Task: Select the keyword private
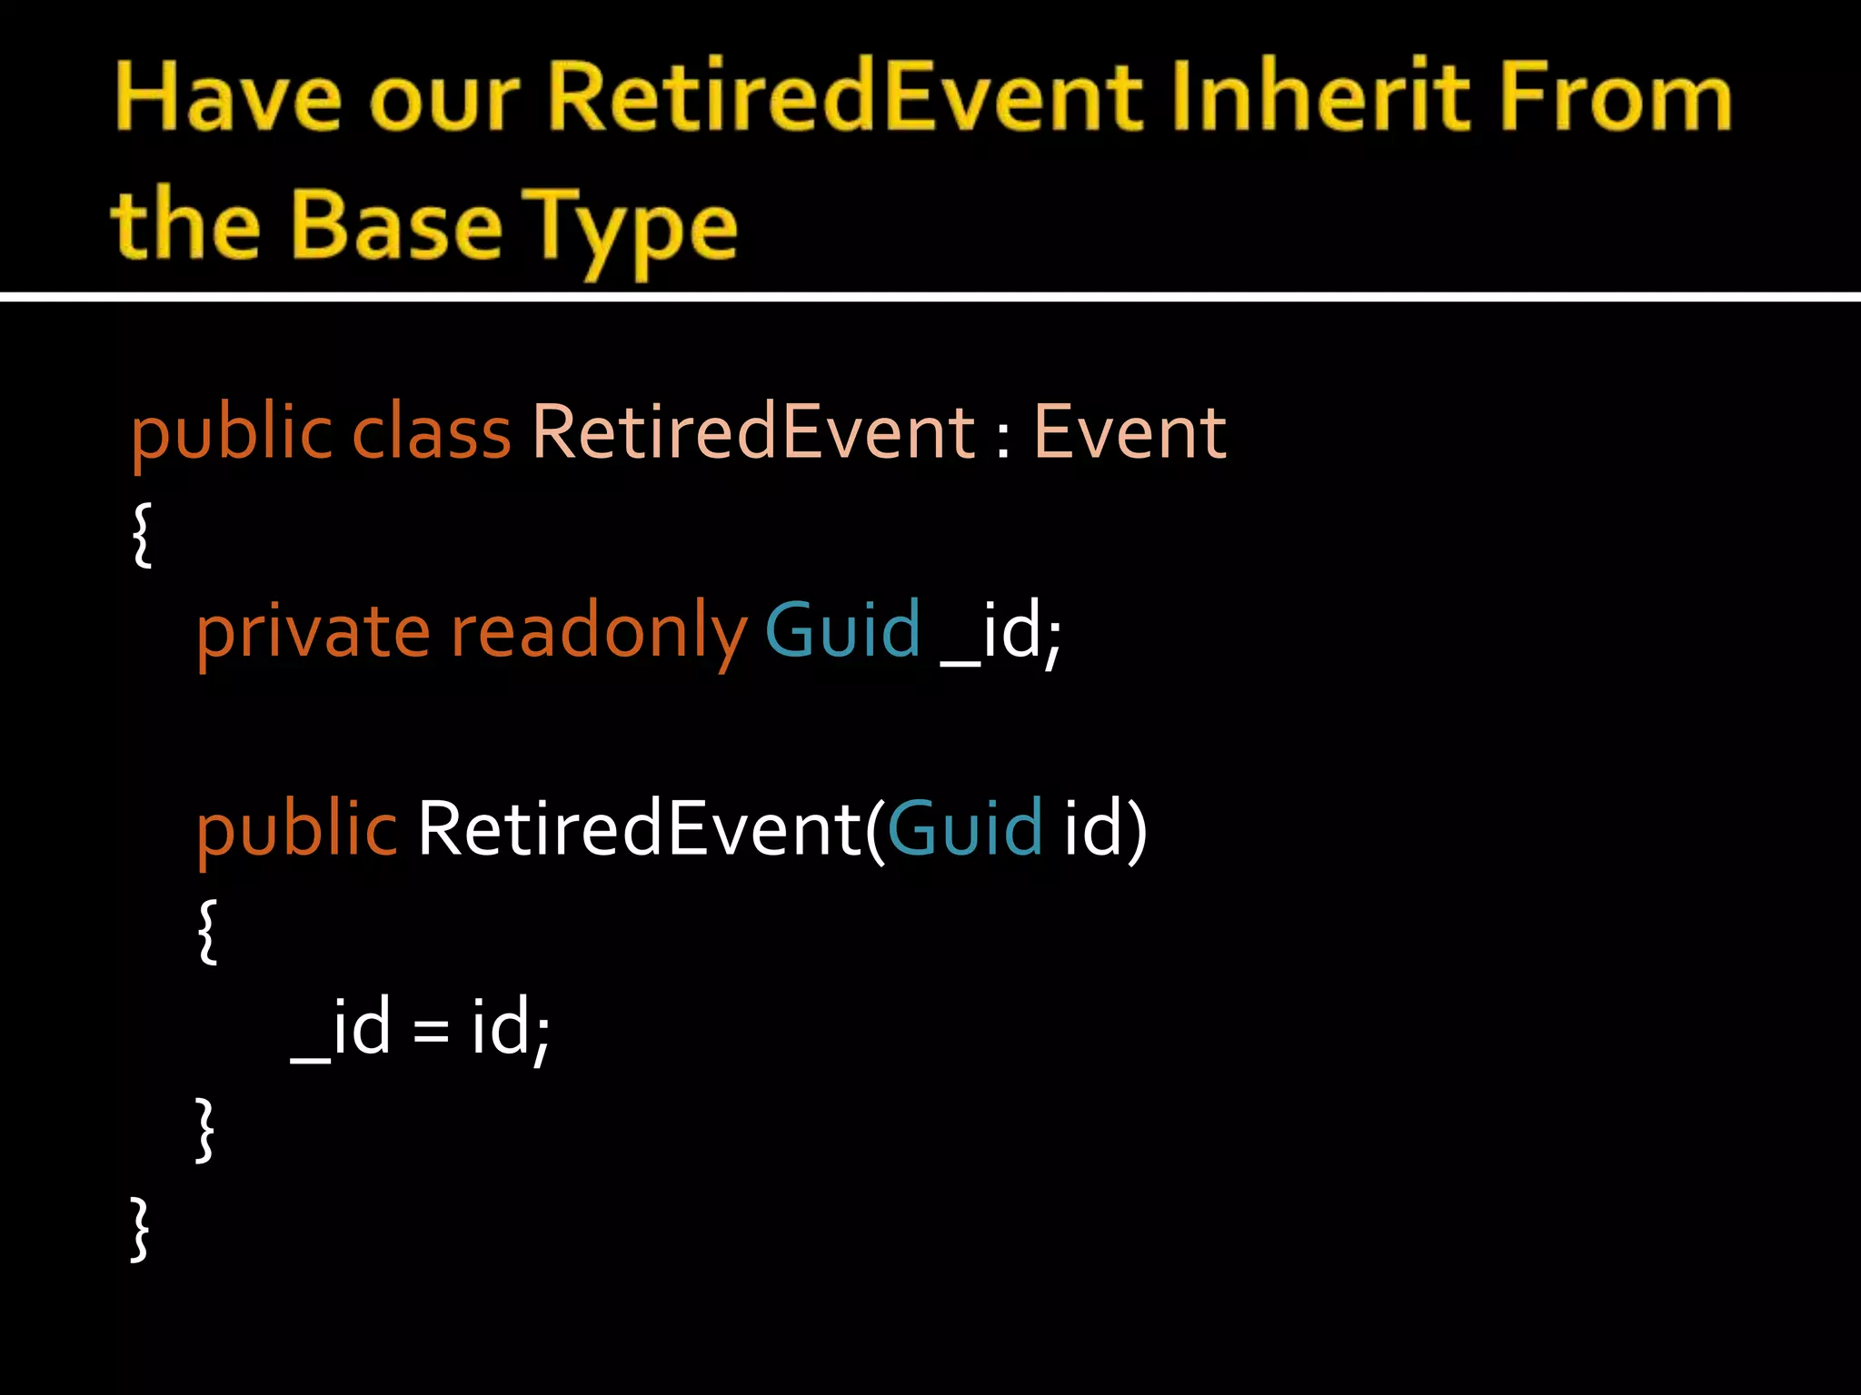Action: point(313,632)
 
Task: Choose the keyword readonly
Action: point(599,632)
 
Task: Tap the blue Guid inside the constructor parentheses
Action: point(964,828)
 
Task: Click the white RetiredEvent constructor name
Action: point(639,828)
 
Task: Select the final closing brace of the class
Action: point(139,1229)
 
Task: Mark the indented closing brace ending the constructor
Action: point(205,1130)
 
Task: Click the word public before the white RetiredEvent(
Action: point(296,830)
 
